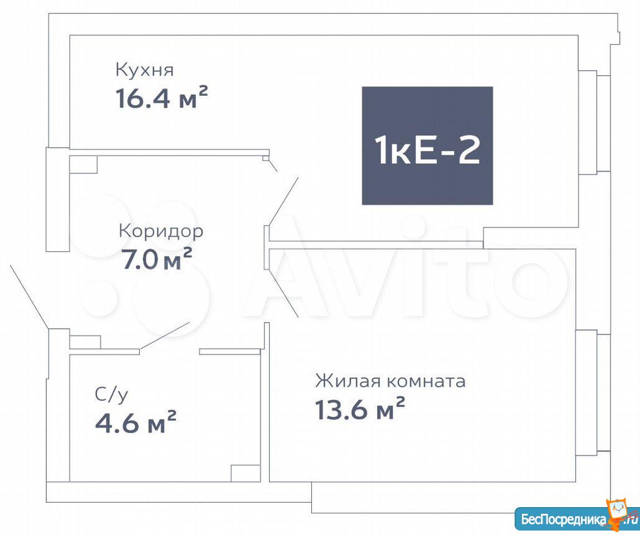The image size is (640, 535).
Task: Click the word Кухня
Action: [144, 70]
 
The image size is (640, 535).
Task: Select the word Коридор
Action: [161, 232]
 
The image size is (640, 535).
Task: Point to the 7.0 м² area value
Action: [157, 259]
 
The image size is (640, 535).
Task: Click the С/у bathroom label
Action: [111, 395]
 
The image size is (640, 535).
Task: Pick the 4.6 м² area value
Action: [135, 422]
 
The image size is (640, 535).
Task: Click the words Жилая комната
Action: [390, 381]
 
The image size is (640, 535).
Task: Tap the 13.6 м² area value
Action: [360, 408]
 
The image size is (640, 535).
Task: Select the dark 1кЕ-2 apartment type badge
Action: [427, 146]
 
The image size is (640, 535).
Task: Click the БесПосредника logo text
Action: [564, 520]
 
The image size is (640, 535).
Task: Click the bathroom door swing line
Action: [164, 335]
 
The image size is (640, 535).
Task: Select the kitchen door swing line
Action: [284, 201]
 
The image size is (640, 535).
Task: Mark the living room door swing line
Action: [284, 293]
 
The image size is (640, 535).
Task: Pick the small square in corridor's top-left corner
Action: [83, 164]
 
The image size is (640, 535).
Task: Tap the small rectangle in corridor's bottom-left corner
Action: [85, 342]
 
